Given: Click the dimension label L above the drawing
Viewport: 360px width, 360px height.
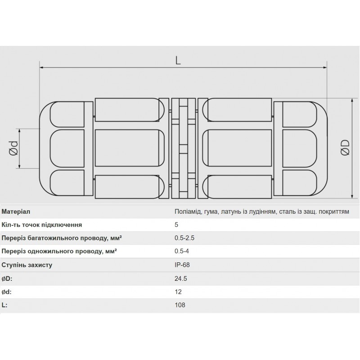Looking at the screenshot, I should [x=179, y=62].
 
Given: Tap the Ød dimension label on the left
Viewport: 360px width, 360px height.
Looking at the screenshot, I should [x=13, y=148].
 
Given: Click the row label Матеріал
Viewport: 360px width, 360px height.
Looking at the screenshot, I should [x=16, y=211].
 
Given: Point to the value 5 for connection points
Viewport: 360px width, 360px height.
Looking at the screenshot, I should [x=176, y=225].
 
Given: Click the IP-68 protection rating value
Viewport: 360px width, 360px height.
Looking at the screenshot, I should [x=182, y=265].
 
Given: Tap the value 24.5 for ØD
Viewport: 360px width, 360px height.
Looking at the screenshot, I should [x=180, y=279].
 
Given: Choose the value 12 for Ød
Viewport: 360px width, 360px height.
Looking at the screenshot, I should [x=178, y=292].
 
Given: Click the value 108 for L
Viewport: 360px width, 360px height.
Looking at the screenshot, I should [x=180, y=305].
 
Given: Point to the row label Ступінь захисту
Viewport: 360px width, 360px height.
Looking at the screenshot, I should [x=27, y=265].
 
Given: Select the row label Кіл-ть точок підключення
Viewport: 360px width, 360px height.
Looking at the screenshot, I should [x=42, y=225].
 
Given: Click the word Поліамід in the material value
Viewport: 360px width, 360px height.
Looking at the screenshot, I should [x=188, y=211].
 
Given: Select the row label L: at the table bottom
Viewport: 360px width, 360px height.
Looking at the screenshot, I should [x=5, y=305].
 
